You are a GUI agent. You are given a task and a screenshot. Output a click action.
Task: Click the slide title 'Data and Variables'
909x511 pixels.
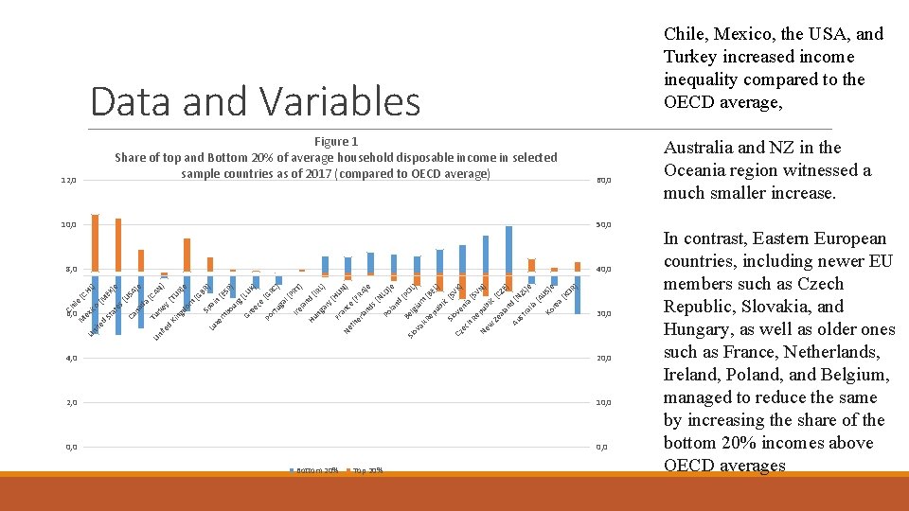point(255,100)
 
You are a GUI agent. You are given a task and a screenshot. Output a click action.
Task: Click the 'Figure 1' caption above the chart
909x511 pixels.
point(335,141)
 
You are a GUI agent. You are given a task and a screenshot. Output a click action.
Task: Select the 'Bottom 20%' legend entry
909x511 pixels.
point(317,470)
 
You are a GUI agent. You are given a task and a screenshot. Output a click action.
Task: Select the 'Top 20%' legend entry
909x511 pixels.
point(366,470)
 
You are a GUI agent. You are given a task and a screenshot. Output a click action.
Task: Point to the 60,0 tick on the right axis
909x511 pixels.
point(602,180)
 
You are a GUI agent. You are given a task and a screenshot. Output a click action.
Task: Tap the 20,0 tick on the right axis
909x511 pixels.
point(602,358)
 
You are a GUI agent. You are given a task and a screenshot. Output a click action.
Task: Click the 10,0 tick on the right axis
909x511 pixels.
point(602,402)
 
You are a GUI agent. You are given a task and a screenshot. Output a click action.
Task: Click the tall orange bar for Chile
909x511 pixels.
point(95,243)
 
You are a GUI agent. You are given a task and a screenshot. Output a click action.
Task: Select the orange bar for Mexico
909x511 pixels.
point(118,245)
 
